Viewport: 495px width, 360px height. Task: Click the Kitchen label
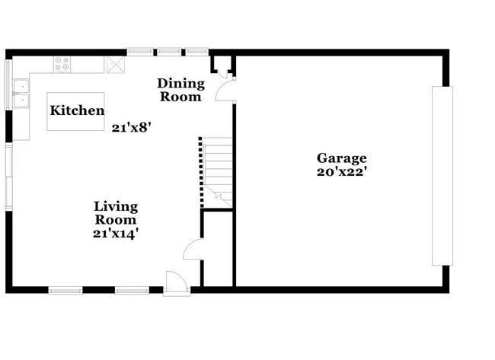pos(77,111)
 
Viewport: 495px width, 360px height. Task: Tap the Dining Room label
pos(180,90)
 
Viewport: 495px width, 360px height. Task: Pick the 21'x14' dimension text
pos(116,234)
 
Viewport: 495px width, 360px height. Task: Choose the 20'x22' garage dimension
pos(342,172)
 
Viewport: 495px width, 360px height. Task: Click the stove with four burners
pos(62,65)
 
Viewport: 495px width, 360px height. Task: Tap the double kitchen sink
pos(20,94)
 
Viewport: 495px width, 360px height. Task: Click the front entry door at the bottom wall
pos(176,282)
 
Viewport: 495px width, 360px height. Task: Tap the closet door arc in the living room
pos(192,249)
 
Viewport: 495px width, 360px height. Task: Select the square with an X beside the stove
pos(117,65)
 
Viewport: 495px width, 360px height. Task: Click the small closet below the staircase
pos(217,248)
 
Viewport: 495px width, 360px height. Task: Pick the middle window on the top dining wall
pos(169,52)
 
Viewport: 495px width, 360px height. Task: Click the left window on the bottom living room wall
pos(65,289)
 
